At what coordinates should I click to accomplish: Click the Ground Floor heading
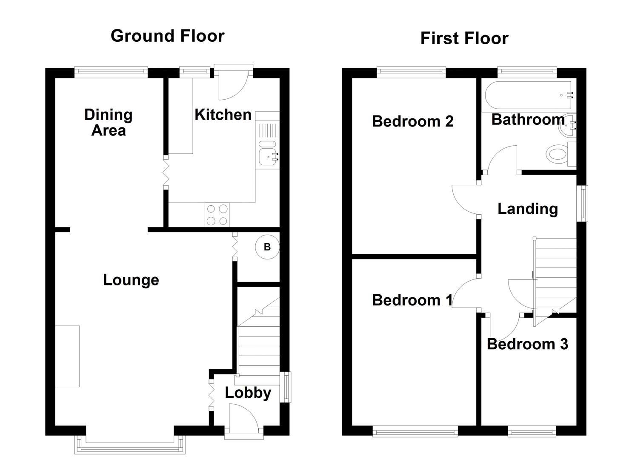click(x=167, y=36)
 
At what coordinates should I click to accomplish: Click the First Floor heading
click(x=464, y=38)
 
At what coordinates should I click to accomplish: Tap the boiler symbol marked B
click(x=267, y=247)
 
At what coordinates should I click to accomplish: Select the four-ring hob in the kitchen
click(x=217, y=215)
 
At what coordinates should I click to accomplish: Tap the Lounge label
click(x=131, y=280)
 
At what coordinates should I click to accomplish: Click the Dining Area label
click(x=109, y=122)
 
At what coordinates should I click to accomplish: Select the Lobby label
click(x=248, y=393)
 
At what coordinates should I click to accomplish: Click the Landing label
click(x=527, y=209)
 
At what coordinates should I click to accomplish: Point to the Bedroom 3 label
click(x=527, y=344)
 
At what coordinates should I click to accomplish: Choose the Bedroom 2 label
click(x=412, y=121)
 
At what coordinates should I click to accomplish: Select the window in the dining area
click(x=111, y=72)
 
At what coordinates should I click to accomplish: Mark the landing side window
click(x=582, y=204)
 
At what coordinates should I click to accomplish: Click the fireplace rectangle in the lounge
click(x=67, y=356)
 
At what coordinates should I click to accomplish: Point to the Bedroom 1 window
click(x=415, y=432)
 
